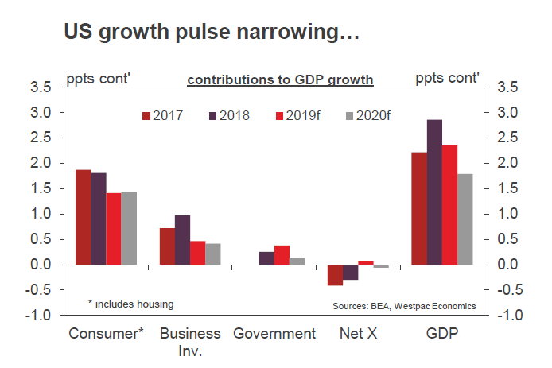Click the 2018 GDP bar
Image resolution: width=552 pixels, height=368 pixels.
(435, 192)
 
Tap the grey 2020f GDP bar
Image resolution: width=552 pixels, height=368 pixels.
(465, 219)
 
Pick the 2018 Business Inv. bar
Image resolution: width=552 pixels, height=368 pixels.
(182, 239)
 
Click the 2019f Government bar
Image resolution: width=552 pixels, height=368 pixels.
(282, 254)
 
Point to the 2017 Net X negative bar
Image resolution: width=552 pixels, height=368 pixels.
(335, 274)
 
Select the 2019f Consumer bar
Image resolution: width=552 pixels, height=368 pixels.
(113, 228)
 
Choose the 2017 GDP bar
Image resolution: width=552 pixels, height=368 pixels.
(419, 208)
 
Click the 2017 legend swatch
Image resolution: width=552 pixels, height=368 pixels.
(146, 116)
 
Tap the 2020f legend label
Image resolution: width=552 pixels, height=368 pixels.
(374, 116)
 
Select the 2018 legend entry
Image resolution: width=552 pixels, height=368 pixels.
(227, 116)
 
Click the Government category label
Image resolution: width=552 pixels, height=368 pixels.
(274, 333)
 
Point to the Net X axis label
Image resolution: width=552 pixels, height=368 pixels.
(358, 333)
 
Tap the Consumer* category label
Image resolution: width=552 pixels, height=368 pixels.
(107, 333)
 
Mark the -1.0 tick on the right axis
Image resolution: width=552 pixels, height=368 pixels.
(510, 316)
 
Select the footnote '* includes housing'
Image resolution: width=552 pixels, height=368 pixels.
(130, 304)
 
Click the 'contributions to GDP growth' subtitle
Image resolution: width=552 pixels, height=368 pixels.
(280, 79)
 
